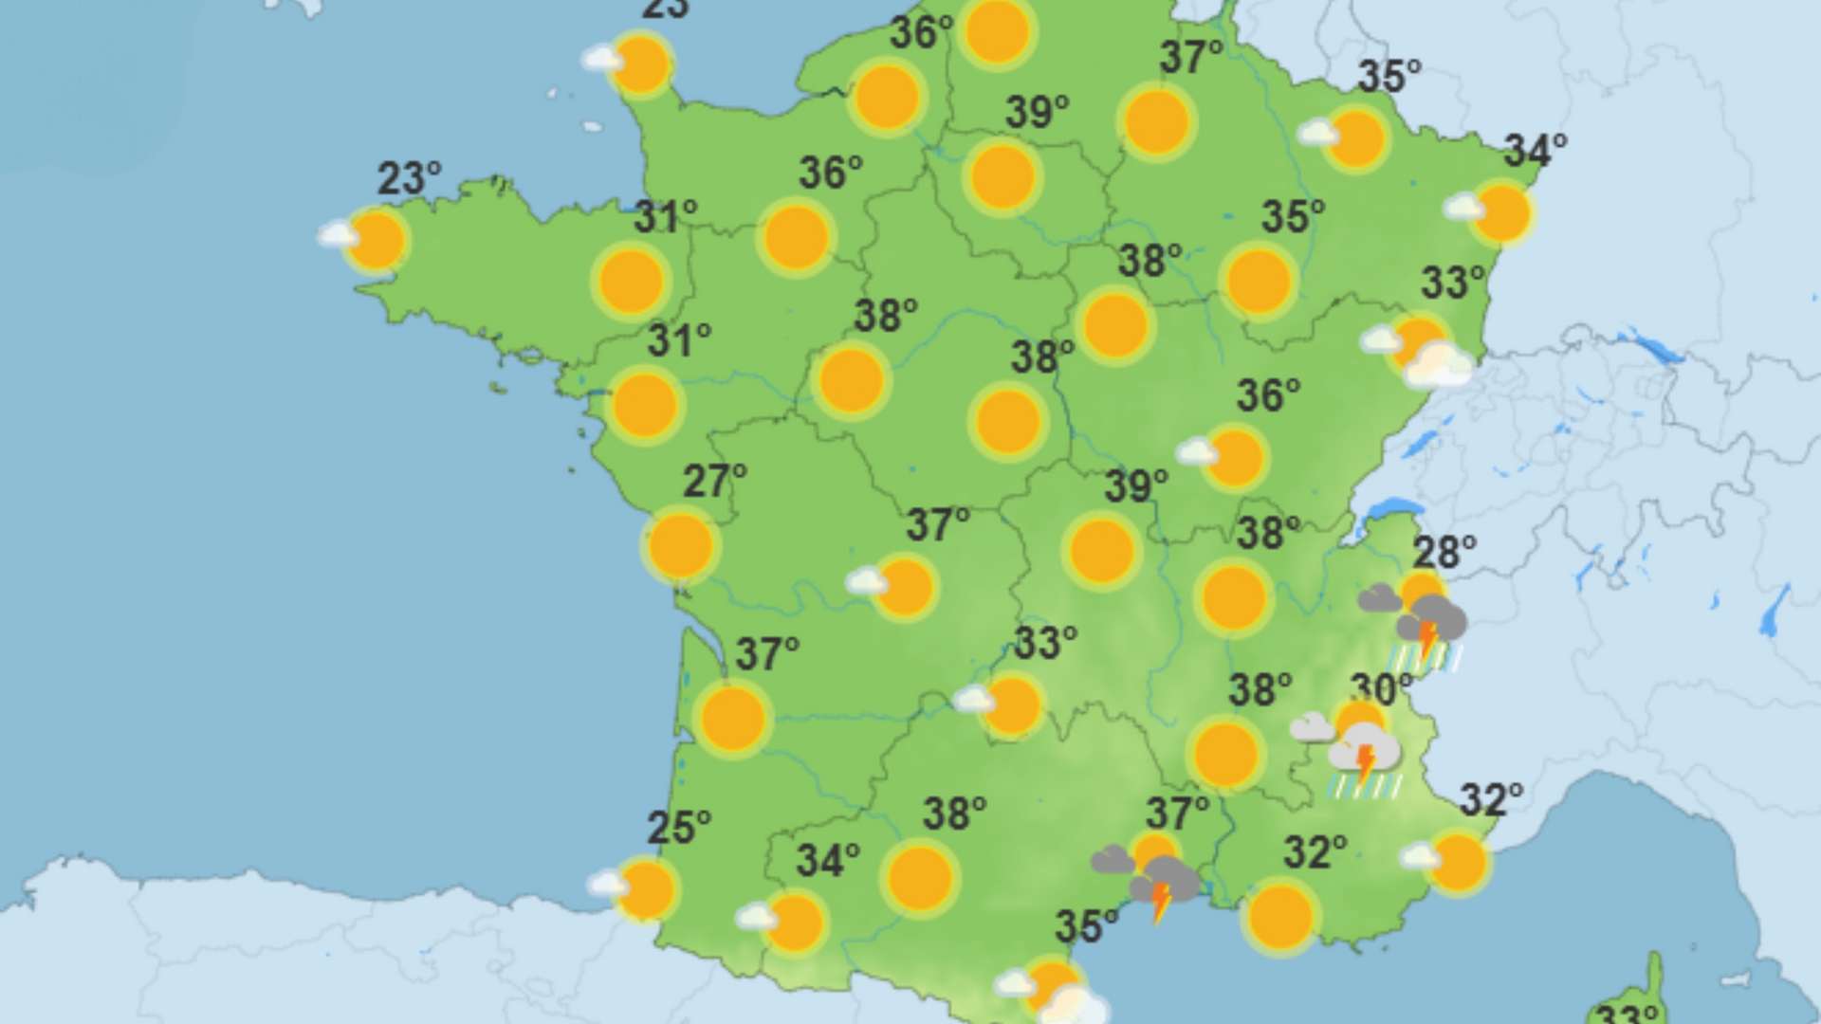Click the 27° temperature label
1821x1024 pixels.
click(714, 482)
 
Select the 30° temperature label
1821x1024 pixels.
click(1381, 690)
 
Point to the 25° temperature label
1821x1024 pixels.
click(678, 828)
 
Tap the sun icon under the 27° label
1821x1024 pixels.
click(681, 545)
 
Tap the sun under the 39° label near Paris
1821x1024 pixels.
click(1002, 177)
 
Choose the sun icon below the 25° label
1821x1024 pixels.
click(646, 890)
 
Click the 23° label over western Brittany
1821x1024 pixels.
click(409, 178)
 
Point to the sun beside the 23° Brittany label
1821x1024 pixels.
click(376, 241)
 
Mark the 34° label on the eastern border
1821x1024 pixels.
click(1535, 151)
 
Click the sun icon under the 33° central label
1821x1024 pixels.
click(1013, 705)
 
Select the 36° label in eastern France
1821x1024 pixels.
click(1267, 395)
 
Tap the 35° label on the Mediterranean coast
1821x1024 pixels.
click(1087, 926)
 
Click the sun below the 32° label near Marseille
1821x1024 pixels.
click(1280, 916)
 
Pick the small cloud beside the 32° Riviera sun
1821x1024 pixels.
click(1420, 856)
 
